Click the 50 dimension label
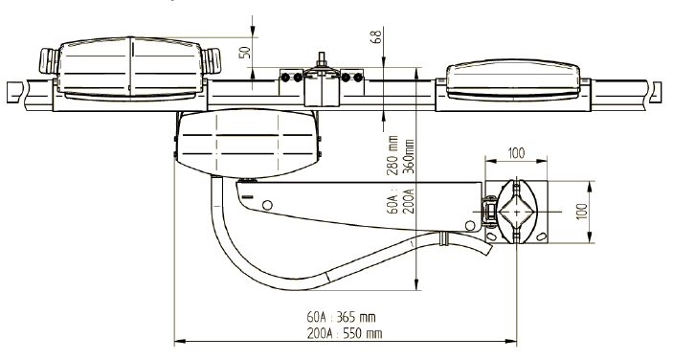[x=245, y=52]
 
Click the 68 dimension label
[x=375, y=36]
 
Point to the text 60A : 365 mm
[x=341, y=317]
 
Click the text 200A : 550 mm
[x=345, y=333]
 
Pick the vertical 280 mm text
[x=393, y=155]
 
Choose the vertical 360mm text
[x=409, y=156]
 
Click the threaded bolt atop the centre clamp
[x=322, y=59]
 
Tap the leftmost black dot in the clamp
[x=284, y=78]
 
